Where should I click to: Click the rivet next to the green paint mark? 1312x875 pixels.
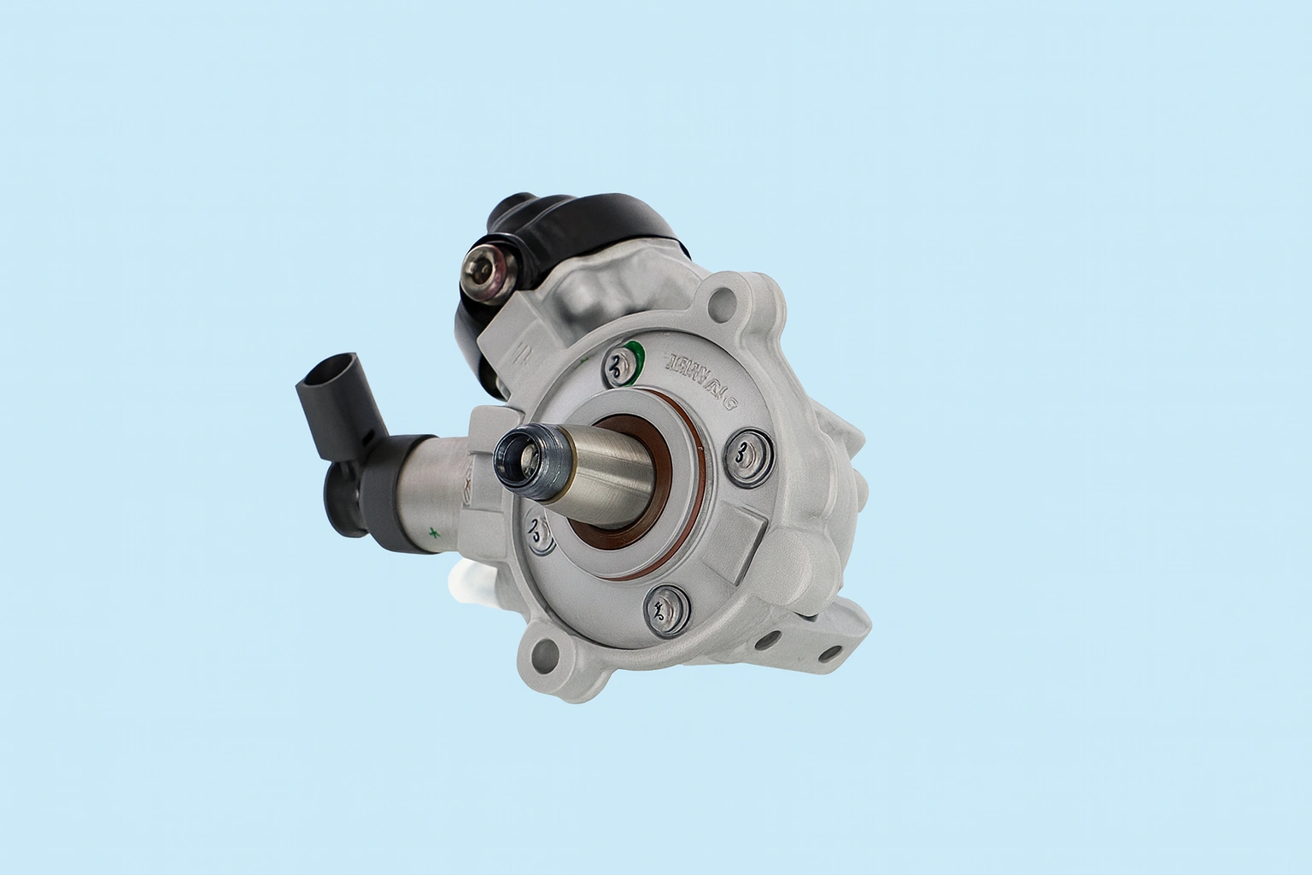click(x=615, y=367)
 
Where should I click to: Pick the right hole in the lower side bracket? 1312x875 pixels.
click(x=825, y=654)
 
